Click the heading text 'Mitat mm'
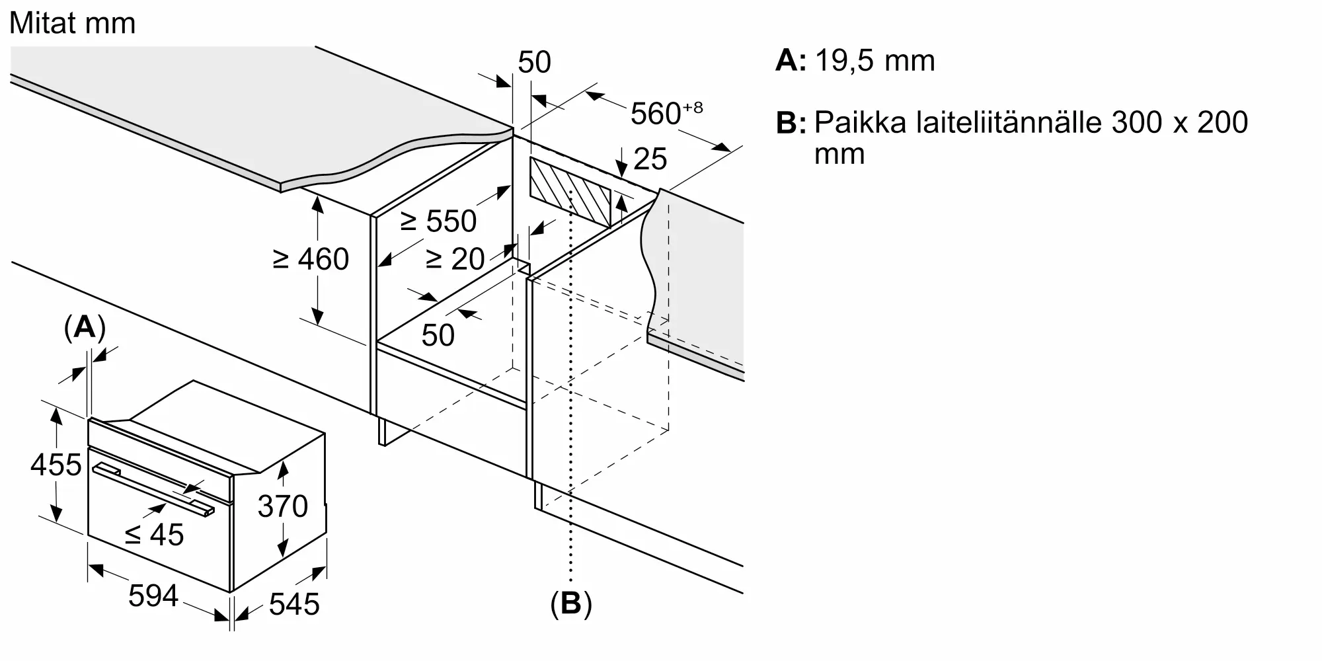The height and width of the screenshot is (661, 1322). (x=73, y=24)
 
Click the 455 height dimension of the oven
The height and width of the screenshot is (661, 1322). (x=56, y=465)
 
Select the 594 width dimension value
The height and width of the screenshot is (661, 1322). (x=153, y=596)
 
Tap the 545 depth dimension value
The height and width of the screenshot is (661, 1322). (x=294, y=604)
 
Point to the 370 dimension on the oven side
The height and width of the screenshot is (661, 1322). (x=283, y=506)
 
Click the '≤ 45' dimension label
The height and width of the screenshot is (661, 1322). (x=155, y=535)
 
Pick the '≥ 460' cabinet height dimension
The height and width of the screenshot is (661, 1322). (x=311, y=259)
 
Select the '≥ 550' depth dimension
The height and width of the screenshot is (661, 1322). (x=438, y=221)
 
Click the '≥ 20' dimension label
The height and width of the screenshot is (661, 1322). (x=455, y=259)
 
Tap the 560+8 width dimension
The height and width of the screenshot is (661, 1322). (x=665, y=113)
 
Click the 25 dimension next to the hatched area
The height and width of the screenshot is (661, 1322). (x=650, y=159)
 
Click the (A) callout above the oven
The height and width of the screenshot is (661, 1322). (x=85, y=327)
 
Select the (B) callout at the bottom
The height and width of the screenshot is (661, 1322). (x=570, y=603)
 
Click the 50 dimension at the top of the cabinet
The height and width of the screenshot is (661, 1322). (x=534, y=62)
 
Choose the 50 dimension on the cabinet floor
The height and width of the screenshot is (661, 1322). (x=438, y=335)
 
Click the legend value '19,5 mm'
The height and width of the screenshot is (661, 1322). (x=875, y=61)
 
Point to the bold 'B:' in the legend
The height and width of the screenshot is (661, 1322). (x=791, y=123)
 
